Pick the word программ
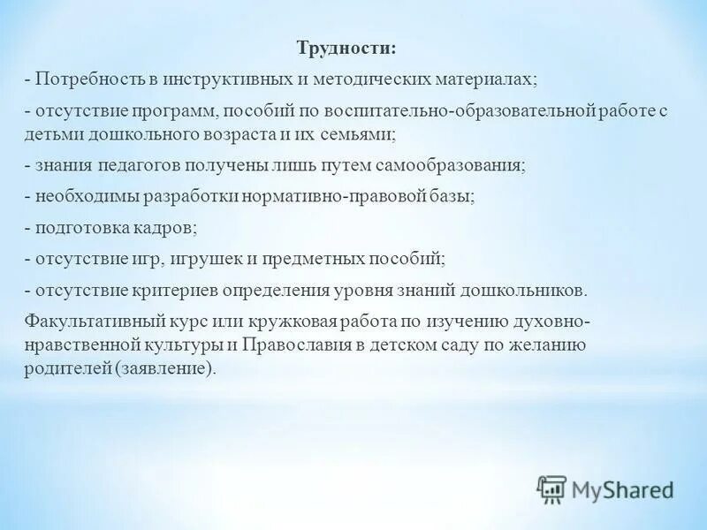[179, 112]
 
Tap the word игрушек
[206, 259]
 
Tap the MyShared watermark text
[621, 488]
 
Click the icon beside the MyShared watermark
[551, 488]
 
